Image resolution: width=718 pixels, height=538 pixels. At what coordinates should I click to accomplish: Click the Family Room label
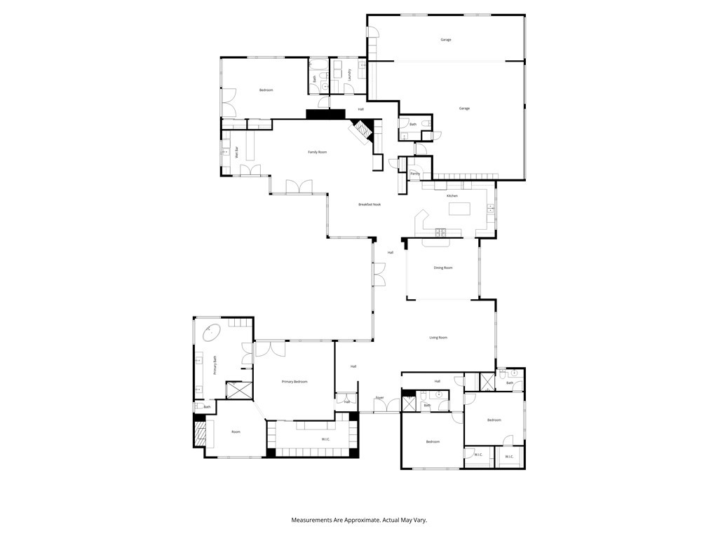(318, 152)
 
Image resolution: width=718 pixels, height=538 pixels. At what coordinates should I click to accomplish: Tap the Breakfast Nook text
(370, 205)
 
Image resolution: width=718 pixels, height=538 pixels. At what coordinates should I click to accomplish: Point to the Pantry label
(415, 173)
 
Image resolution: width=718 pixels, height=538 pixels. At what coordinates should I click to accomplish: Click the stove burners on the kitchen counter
(442, 231)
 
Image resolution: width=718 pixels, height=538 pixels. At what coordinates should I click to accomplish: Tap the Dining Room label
(443, 268)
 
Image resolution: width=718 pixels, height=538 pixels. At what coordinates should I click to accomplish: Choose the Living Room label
(438, 338)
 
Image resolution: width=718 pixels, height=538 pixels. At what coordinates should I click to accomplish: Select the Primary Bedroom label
(294, 382)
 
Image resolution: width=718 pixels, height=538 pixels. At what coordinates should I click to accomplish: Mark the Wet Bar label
(237, 152)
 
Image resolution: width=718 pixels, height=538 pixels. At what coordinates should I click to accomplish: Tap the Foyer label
(379, 398)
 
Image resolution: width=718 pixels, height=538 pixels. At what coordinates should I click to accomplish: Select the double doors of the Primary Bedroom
(271, 348)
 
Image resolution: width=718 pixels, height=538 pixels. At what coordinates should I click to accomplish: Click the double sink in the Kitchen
(491, 209)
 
